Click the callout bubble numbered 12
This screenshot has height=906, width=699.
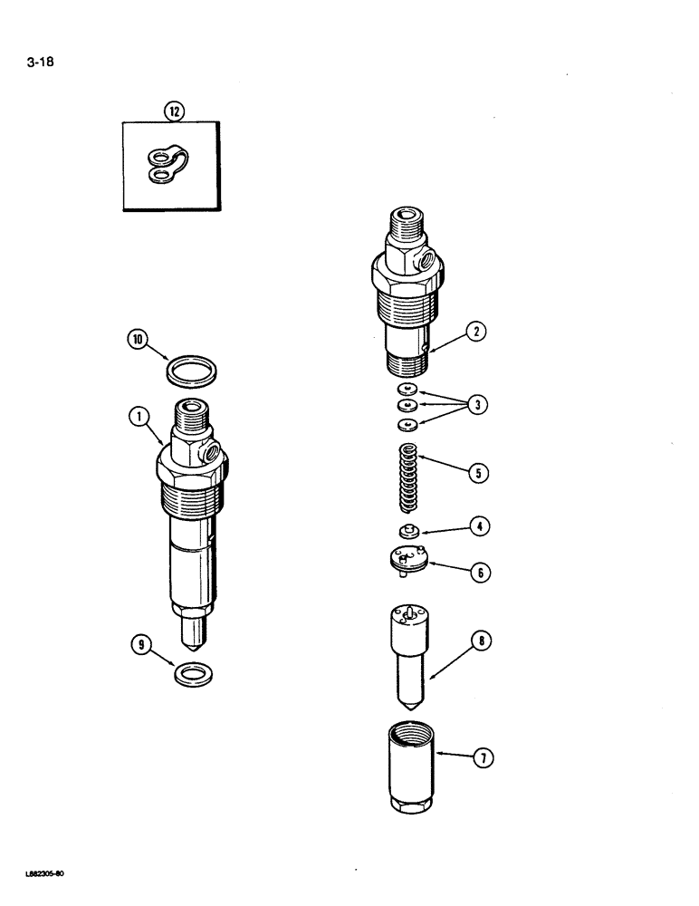coord(173,111)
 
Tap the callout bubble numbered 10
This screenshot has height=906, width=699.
coord(138,341)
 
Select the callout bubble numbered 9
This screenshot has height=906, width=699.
coord(140,646)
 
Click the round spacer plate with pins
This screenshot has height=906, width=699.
coord(404,560)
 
